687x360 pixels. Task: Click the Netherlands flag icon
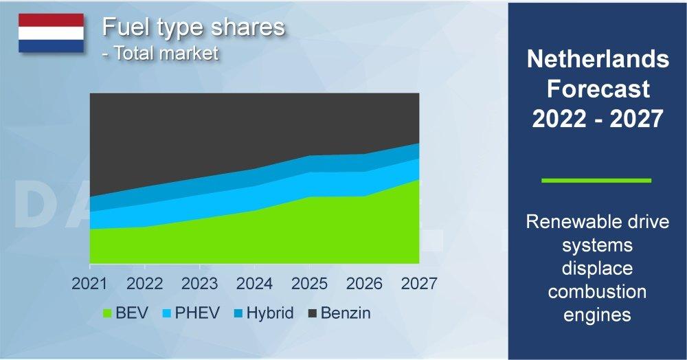point(51,33)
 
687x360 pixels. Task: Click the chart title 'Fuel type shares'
point(192,27)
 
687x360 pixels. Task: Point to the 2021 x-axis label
point(89,283)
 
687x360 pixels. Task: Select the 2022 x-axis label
point(144,283)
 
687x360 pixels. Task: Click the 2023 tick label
point(199,283)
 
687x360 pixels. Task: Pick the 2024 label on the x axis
point(254,283)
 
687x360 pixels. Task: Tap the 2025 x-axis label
point(309,283)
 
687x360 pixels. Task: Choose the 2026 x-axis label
point(363,283)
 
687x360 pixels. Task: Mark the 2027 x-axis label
point(418,283)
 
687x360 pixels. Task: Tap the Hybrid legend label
point(270,313)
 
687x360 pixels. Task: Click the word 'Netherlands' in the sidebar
point(597,60)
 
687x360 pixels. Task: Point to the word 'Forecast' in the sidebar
point(597,89)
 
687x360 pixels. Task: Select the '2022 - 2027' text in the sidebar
point(597,119)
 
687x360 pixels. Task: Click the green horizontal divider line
point(596,181)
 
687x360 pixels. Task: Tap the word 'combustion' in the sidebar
point(597,291)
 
